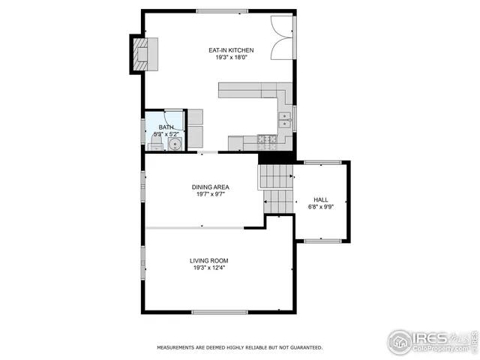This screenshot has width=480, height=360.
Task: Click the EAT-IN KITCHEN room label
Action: [231, 50]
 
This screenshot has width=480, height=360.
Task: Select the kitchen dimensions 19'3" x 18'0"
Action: [231, 58]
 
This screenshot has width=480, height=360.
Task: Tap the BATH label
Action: [165, 127]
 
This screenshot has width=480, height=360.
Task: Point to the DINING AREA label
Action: [210, 187]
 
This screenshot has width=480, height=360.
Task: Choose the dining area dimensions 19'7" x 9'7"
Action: [210, 194]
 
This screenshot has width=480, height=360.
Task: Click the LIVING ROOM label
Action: [208, 260]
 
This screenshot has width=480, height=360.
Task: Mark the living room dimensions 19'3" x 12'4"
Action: [208, 268]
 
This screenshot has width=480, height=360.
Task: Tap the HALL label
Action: [321, 199]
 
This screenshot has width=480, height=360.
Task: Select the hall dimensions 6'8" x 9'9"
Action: [321, 207]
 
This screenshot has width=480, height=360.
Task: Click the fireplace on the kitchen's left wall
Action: [142, 53]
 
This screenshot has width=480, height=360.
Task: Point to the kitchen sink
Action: [285, 118]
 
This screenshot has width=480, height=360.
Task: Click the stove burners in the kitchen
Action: [265, 139]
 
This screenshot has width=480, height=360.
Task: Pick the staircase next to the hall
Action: [276, 187]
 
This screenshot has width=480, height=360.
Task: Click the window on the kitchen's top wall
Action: [221, 11]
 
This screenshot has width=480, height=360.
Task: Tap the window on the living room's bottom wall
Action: [219, 312]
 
